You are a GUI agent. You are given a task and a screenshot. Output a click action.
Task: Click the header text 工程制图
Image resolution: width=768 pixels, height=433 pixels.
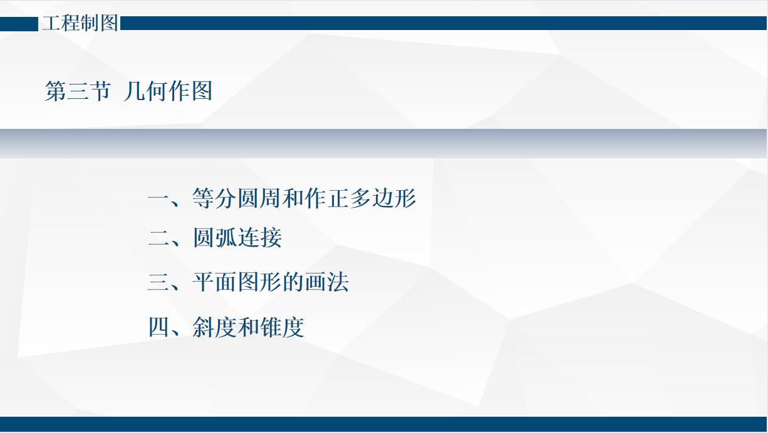80,24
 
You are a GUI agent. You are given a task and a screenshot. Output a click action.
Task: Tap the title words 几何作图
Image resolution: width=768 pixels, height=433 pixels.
168,91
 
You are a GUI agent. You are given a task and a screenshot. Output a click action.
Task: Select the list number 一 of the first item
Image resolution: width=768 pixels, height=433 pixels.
158,199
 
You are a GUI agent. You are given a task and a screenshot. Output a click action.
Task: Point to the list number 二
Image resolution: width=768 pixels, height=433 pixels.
158,238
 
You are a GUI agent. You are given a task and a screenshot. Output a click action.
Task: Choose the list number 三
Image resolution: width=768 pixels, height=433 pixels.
158,283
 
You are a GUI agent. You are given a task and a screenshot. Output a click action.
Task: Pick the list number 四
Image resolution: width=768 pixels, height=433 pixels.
158,327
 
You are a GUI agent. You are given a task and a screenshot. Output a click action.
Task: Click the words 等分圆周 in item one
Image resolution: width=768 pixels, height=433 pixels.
237,199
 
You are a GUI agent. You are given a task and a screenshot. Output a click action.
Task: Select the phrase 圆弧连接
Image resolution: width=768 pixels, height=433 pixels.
237,238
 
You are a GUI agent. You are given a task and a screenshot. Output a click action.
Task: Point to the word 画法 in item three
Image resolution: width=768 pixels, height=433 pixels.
326,283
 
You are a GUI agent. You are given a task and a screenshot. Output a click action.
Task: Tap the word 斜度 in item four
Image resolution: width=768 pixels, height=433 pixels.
215,327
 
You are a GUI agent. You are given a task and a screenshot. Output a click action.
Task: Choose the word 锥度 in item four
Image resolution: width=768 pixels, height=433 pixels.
282,327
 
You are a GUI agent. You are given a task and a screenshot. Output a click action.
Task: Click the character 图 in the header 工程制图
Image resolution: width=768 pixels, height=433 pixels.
108,24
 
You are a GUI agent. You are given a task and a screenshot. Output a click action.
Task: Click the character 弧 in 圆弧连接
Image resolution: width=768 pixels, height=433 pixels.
226,238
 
